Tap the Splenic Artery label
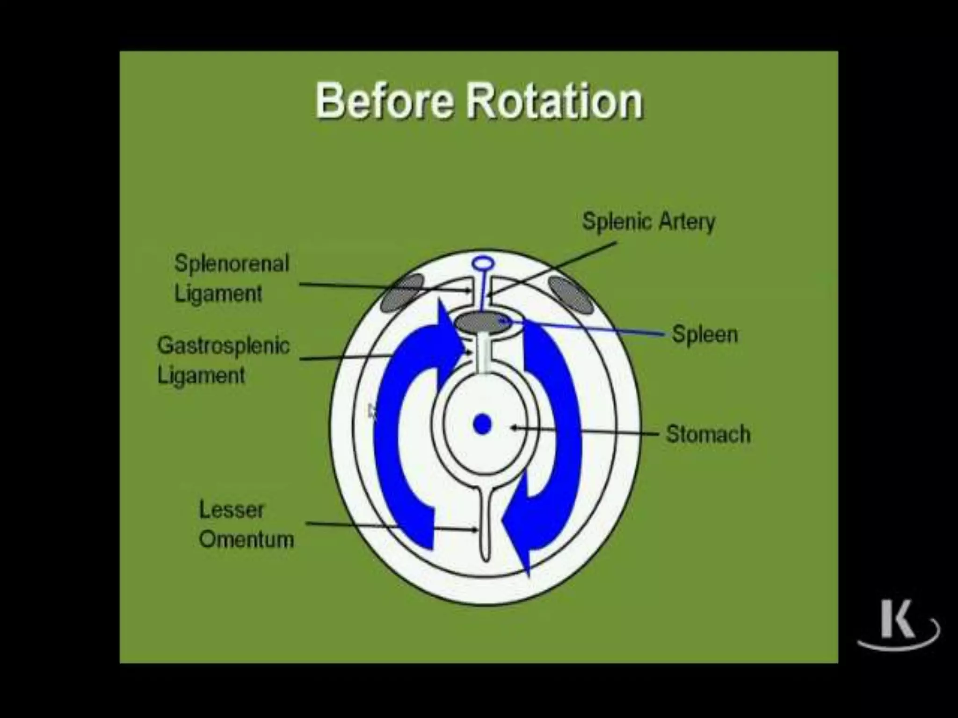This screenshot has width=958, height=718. (648, 222)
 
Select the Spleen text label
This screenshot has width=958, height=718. (704, 335)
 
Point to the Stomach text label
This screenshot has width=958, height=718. (708, 434)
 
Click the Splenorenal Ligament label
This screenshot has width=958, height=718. (232, 279)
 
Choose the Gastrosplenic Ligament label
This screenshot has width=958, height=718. (223, 360)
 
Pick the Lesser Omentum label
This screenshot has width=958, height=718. (246, 524)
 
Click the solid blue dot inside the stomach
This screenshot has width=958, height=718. (482, 424)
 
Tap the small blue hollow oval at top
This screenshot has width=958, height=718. (482, 264)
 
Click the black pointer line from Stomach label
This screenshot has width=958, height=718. (585, 431)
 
